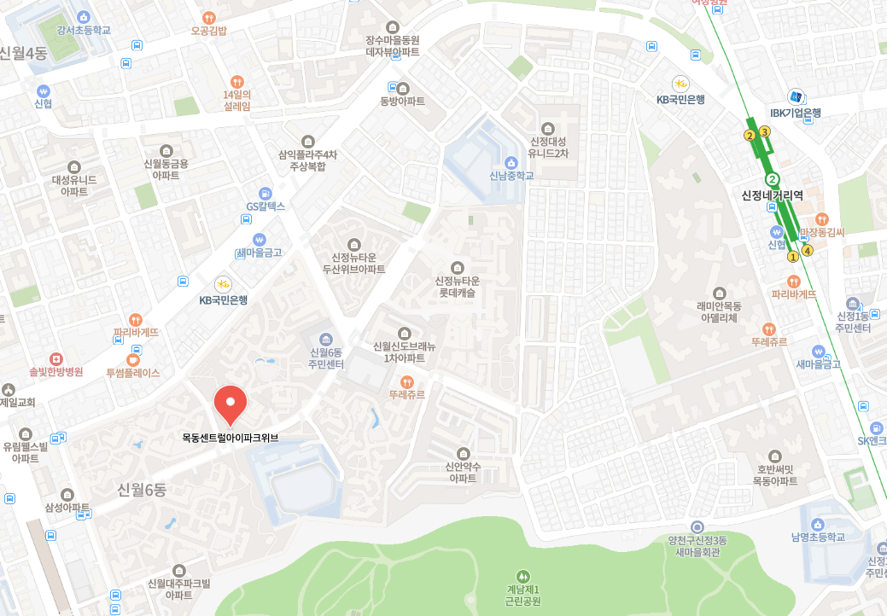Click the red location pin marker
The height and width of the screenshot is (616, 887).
click(x=230, y=404)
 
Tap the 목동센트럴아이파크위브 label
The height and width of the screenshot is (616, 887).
click(x=231, y=439)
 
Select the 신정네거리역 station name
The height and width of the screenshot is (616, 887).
click(x=772, y=195)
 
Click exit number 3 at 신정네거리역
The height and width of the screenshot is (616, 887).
click(x=765, y=131)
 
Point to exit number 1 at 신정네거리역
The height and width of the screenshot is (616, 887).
click(x=792, y=256)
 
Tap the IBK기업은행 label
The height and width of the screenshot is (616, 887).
click(x=795, y=113)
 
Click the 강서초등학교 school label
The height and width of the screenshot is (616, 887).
click(x=84, y=30)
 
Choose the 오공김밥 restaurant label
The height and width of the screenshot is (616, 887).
click(x=209, y=31)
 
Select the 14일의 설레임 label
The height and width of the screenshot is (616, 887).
click(x=236, y=100)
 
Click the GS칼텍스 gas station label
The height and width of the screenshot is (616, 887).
click(x=266, y=206)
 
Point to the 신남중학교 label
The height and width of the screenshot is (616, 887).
click(x=511, y=176)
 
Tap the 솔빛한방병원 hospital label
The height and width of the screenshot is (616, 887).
click(x=56, y=372)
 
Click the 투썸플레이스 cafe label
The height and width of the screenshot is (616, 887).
click(x=133, y=372)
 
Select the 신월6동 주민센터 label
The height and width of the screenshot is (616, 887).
click(x=326, y=358)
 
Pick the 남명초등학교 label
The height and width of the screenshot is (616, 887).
click(x=817, y=537)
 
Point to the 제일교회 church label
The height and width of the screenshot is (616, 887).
click(x=17, y=402)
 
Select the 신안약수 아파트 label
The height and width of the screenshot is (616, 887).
click(x=463, y=472)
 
